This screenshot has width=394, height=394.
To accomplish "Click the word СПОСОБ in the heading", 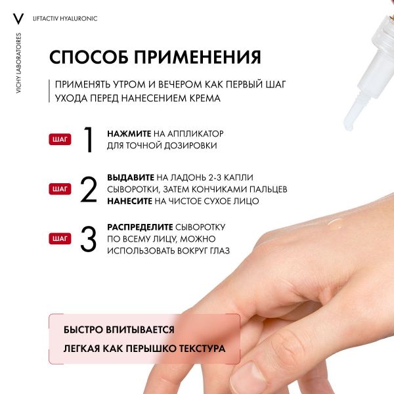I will (93, 56).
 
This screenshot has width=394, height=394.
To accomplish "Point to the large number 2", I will (88, 190).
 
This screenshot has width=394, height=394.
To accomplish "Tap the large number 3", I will (88, 239).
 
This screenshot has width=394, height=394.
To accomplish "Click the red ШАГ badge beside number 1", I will (60, 139).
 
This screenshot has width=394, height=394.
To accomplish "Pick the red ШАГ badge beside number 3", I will (60, 239).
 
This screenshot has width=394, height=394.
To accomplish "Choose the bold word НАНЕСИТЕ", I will (130, 201).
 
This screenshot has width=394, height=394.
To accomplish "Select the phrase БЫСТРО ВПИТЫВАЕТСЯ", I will (119, 330).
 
